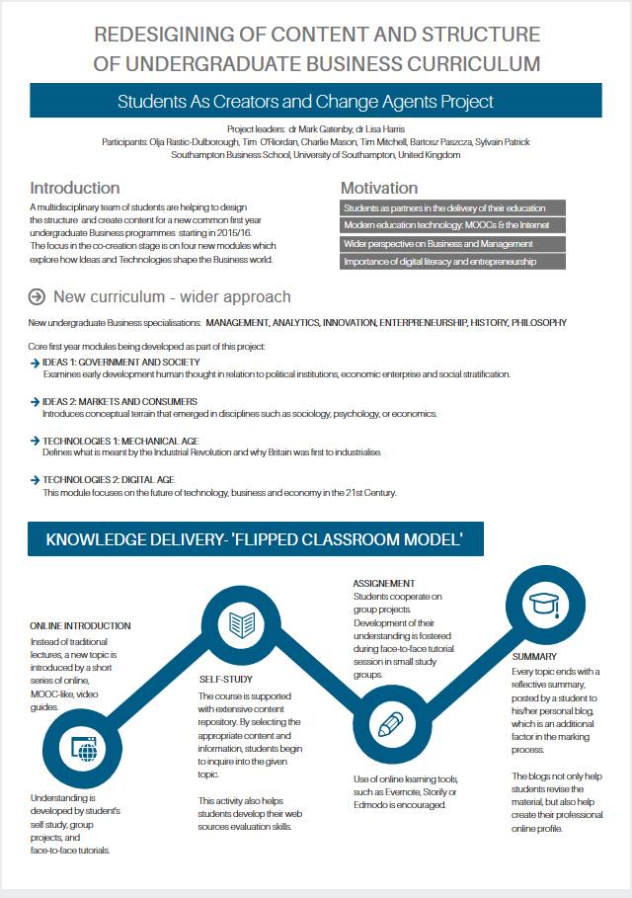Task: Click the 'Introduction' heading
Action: pyautogui.click(x=75, y=188)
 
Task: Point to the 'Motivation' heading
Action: pyautogui.click(x=379, y=188)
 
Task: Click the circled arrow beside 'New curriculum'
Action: pyautogui.click(x=38, y=296)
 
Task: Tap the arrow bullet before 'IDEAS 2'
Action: pyautogui.click(x=35, y=402)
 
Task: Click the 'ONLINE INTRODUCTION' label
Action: pyautogui.click(x=80, y=626)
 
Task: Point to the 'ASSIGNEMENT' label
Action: pyautogui.click(x=384, y=584)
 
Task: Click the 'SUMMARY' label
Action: pyautogui.click(x=534, y=656)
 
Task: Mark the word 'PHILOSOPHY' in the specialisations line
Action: pyautogui.click(x=534, y=322)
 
